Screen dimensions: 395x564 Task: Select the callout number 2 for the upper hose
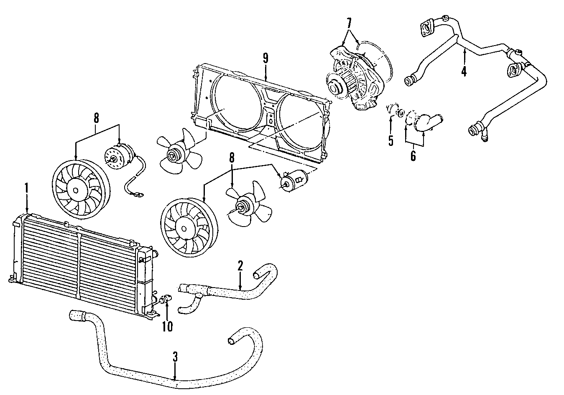(x=240, y=265)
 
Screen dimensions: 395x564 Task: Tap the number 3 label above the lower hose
(x=176, y=357)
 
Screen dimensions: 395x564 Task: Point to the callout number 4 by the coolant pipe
(x=464, y=71)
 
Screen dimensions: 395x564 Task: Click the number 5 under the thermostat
(x=390, y=140)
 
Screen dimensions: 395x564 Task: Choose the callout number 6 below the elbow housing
(x=413, y=156)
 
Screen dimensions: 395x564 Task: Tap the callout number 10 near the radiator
(x=167, y=326)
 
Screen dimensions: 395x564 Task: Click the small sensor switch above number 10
(x=166, y=298)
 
